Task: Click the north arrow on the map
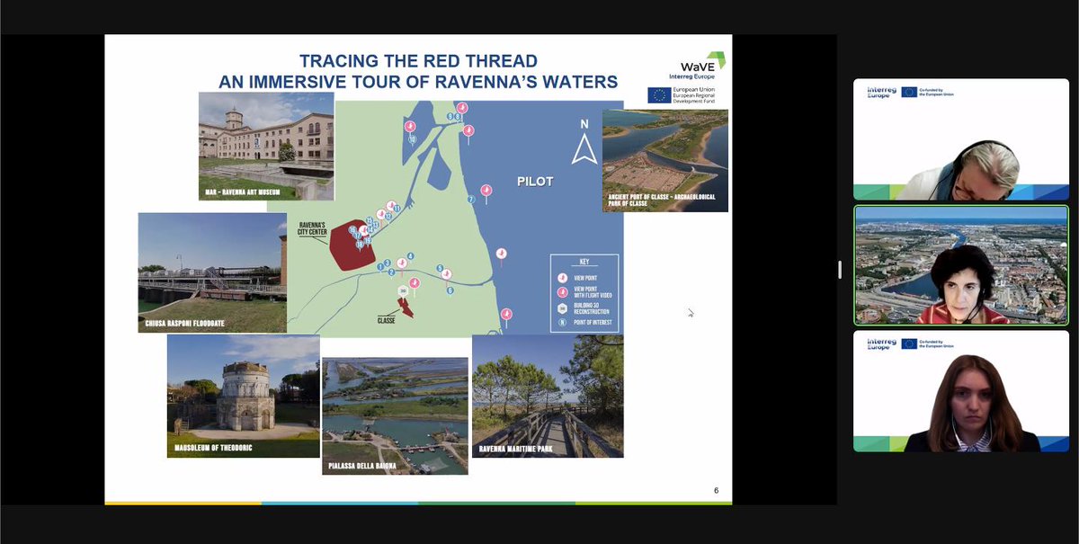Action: [584, 147]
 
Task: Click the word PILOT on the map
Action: [534, 182]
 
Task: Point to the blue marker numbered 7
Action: [470, 200]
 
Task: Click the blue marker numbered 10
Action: [412, 139]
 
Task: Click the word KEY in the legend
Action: [584, 263]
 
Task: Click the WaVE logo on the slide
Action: [707, 65]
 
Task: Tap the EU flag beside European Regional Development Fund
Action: [658, 95]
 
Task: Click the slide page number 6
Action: [716, 490]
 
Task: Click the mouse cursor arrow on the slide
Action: [690, 313]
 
